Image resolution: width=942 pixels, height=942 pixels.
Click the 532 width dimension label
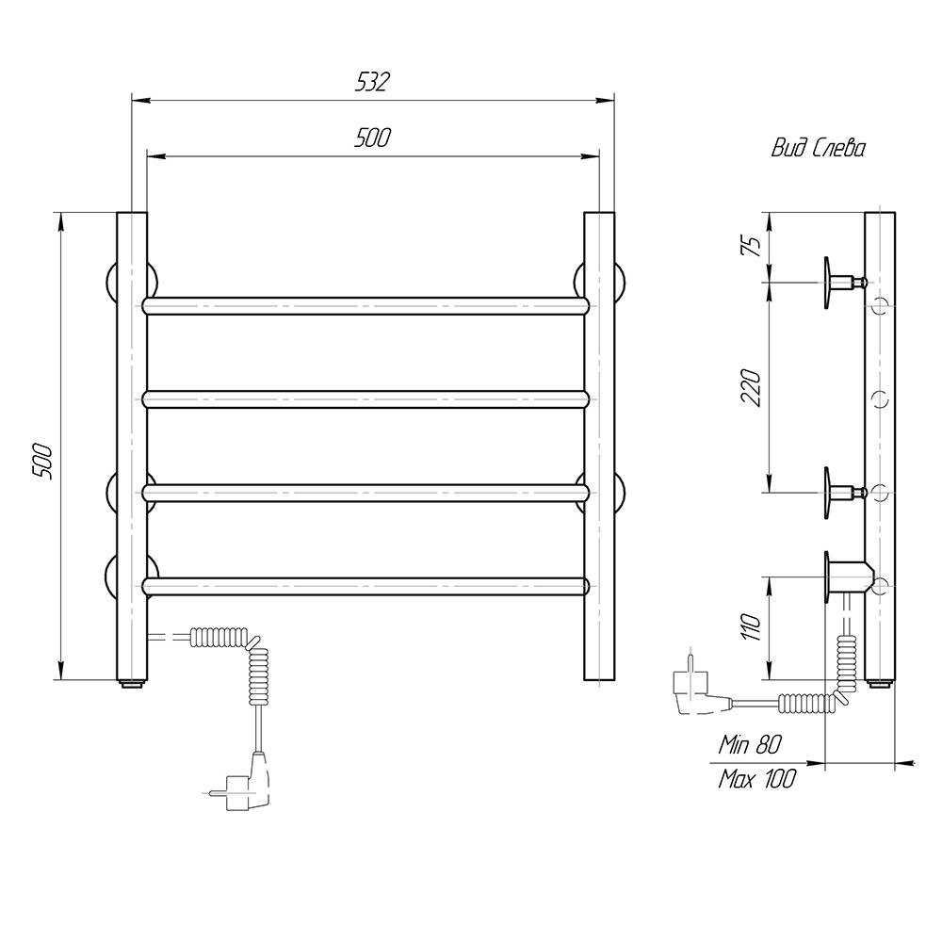coord(372,82)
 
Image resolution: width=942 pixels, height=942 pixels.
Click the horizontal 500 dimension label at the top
coord(372,138)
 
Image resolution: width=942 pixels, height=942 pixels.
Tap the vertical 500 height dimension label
coord(43,462)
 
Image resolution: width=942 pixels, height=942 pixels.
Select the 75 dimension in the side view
coord(753,245)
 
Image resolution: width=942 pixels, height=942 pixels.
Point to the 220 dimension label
coord(752,388)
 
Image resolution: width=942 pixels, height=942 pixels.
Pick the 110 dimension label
coord(752,627)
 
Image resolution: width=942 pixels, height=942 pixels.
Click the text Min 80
coord(751,745)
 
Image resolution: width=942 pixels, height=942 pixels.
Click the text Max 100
coord(756,779)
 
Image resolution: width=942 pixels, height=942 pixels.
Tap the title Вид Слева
coord(819,148)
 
